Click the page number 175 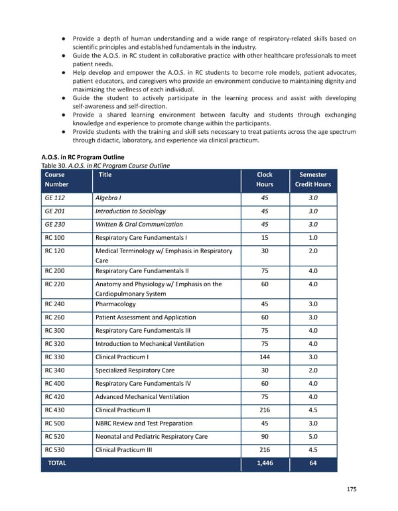tap(352, 489)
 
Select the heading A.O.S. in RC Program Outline tap(83, 157)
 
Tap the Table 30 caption tap(105, 166)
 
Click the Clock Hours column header tap(264, 180)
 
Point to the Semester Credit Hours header tap(313, 180)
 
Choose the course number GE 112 tap(55, 198)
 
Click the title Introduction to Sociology tap(130, 211)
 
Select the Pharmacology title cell tap(115, 304)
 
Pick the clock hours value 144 tap(264, 357)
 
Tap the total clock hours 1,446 tap(264, 463)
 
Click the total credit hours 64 tap(313, 463)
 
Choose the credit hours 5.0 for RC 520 tap(313, 437)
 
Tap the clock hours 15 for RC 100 tap(264, 238)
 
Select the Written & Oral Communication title tap(139, 225)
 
